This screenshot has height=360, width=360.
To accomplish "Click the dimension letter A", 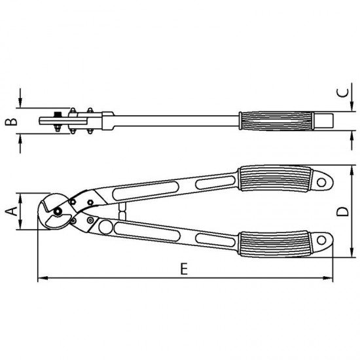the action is pos(12,211).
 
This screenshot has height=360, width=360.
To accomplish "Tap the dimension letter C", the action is pos(342,93).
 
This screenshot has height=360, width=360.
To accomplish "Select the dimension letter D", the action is pos(342,211).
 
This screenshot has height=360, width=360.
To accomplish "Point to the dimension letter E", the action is pos(184,268).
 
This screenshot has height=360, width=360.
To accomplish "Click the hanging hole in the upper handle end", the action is pos(321,183).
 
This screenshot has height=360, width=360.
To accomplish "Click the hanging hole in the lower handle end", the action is pos(321,240).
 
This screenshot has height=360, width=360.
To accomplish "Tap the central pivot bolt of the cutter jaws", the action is pos(58,211).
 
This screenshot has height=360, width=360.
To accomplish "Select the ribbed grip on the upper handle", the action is pos(275,179).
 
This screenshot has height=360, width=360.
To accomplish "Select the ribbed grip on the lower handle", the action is pos(275,244).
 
